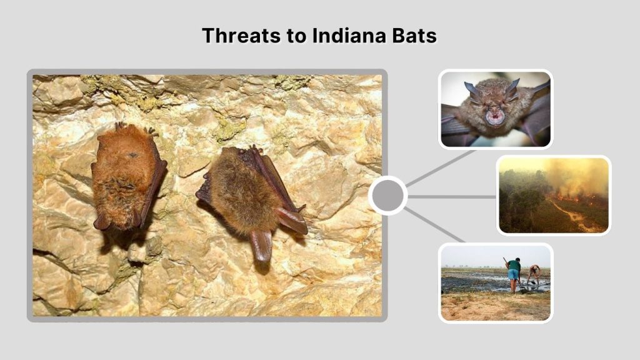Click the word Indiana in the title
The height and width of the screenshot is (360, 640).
[345, 36]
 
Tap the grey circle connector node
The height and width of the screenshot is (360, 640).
[387, 196]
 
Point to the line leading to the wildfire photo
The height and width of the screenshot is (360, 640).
[452, 196]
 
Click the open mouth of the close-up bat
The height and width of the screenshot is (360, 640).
[495, 117]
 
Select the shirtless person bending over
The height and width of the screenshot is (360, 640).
[533, 273]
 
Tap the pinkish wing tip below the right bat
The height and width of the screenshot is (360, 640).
[261, 246]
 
